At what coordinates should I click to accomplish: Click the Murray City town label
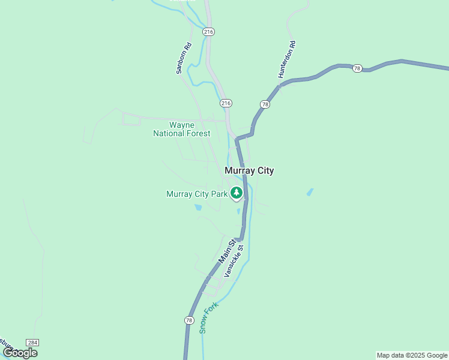(x=249, y=170)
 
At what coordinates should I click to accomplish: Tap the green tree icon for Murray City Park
(x=237, y=193)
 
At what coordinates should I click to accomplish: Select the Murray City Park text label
(x=197, y=194)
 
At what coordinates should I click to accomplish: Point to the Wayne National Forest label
(x=181, y=129)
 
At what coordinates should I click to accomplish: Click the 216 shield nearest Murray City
(x=226, y=103)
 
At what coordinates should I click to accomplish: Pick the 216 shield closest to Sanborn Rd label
(x=208, y=32)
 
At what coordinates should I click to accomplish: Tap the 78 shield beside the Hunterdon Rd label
(x=265, y=104)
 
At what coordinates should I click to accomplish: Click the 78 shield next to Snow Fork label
(x=189, y=321)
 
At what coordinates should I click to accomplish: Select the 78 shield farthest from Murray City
(x=357, y=68)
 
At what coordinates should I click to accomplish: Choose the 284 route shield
(x=33, y=342)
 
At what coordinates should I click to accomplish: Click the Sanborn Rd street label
(x=183, y=58)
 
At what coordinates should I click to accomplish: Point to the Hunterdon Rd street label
(x=287, y=59)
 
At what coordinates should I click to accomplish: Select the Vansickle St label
(x=234, y=260)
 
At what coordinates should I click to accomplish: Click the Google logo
(x=20, y=353)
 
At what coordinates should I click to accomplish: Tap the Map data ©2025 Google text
(x=412, y=355)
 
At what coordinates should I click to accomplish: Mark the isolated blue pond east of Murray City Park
(x=310, y=192)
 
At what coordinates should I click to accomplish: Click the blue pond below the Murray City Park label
(x=197, y=208)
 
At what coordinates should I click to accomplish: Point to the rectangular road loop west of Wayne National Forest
(x=131, y=119)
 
